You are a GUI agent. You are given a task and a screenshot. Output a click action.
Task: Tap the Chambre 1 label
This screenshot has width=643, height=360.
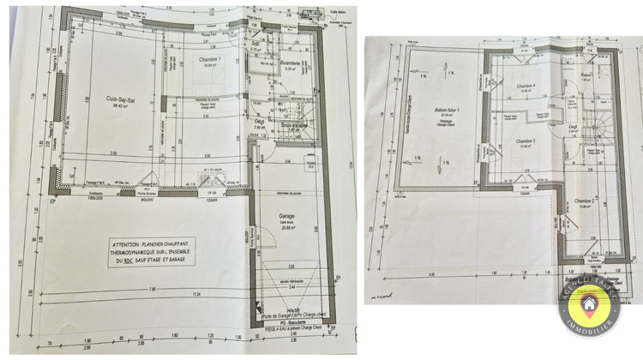pyautogui.click(x=208, y=59)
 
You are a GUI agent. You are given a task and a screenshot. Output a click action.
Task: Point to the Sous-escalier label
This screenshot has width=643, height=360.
pyautogui.click(x=294, y=126)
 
